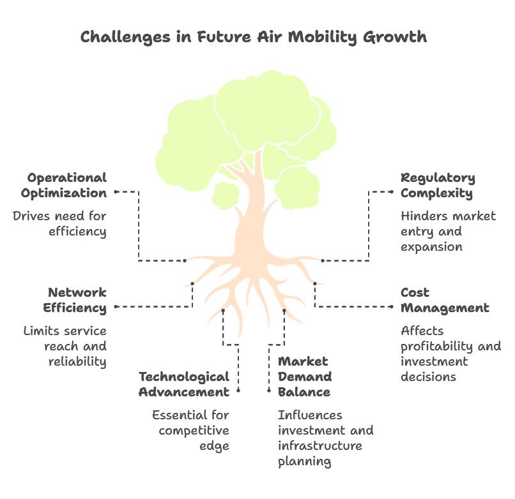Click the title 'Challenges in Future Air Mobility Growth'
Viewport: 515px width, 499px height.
click(x=254, y=36)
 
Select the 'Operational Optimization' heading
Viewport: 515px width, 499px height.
click(x=64, y=185)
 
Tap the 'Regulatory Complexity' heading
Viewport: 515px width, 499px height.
click(x=438, y=185)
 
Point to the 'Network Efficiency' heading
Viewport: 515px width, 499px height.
click(x=75, y=300)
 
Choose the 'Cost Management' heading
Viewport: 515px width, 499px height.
click(x=445, y=300)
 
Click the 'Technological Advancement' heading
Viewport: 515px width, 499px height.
click(x=184, y=384)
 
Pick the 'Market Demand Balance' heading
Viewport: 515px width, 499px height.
click(x=305, y=376)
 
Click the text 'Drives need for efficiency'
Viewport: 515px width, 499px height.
click(x=60, y=223)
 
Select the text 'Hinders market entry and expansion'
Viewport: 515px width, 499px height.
click(x=447, y=231)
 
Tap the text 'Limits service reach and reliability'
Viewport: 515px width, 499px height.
click(x=65, y=346)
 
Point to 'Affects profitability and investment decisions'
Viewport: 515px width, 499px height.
click(x=450, y=354)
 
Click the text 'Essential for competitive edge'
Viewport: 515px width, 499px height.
click(x=190, y=430)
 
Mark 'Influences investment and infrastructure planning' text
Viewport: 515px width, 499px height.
click(x=325, y=438)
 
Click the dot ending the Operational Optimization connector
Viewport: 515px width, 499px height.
click(x=185, y=260)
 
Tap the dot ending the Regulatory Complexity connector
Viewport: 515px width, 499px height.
click(x=323, y=260)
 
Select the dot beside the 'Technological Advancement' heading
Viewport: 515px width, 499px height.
click(x=238, y=390)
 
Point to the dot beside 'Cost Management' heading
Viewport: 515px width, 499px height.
click(x=392, y=307)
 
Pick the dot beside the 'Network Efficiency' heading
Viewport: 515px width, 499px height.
click(x=116, y=307)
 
